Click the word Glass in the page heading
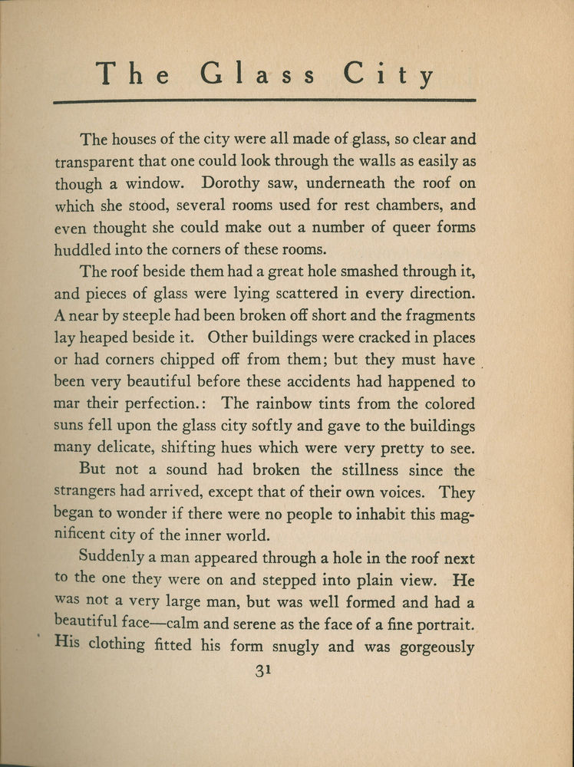259,74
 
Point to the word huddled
81,249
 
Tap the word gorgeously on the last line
437,647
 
